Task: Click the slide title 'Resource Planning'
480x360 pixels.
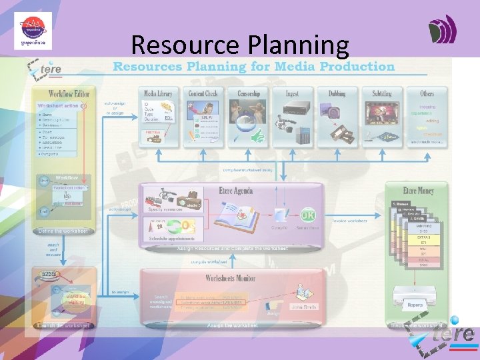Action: (x=240, y=45)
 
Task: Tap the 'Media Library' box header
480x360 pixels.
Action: (x=158, y=93)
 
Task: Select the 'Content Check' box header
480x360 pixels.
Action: (x=203, y=93)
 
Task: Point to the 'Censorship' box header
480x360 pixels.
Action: (x=248, y=93)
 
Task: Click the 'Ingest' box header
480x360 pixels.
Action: (x=292, y=94)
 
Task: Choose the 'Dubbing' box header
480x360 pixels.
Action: (x=337, y=94)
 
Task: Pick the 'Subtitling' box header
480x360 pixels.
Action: (x=382, y=94)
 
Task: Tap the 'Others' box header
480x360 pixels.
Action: (x=427, y=94)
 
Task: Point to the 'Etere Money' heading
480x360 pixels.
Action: (x=418, y=191)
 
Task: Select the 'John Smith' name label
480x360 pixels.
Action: (x=303, y=307)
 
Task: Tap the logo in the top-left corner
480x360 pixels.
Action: (x=33, y=31)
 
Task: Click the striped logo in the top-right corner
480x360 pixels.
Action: (x=442, y=31)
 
